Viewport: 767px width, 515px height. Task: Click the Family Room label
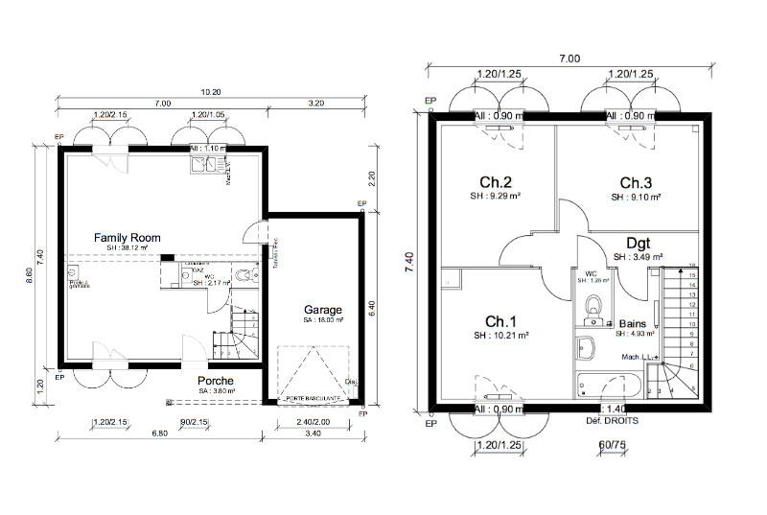127,237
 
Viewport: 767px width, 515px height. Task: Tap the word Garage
323,311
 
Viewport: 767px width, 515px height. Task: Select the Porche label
216,381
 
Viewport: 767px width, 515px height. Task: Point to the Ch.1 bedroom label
500,321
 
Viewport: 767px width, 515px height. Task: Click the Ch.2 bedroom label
495,183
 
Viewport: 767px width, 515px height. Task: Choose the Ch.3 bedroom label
635,183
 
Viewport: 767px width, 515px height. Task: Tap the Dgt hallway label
639,243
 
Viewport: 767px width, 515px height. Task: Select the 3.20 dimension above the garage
317,104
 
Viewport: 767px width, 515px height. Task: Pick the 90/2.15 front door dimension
195,422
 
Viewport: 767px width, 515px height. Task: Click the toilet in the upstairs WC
594,305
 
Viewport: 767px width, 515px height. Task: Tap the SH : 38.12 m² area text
127,247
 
